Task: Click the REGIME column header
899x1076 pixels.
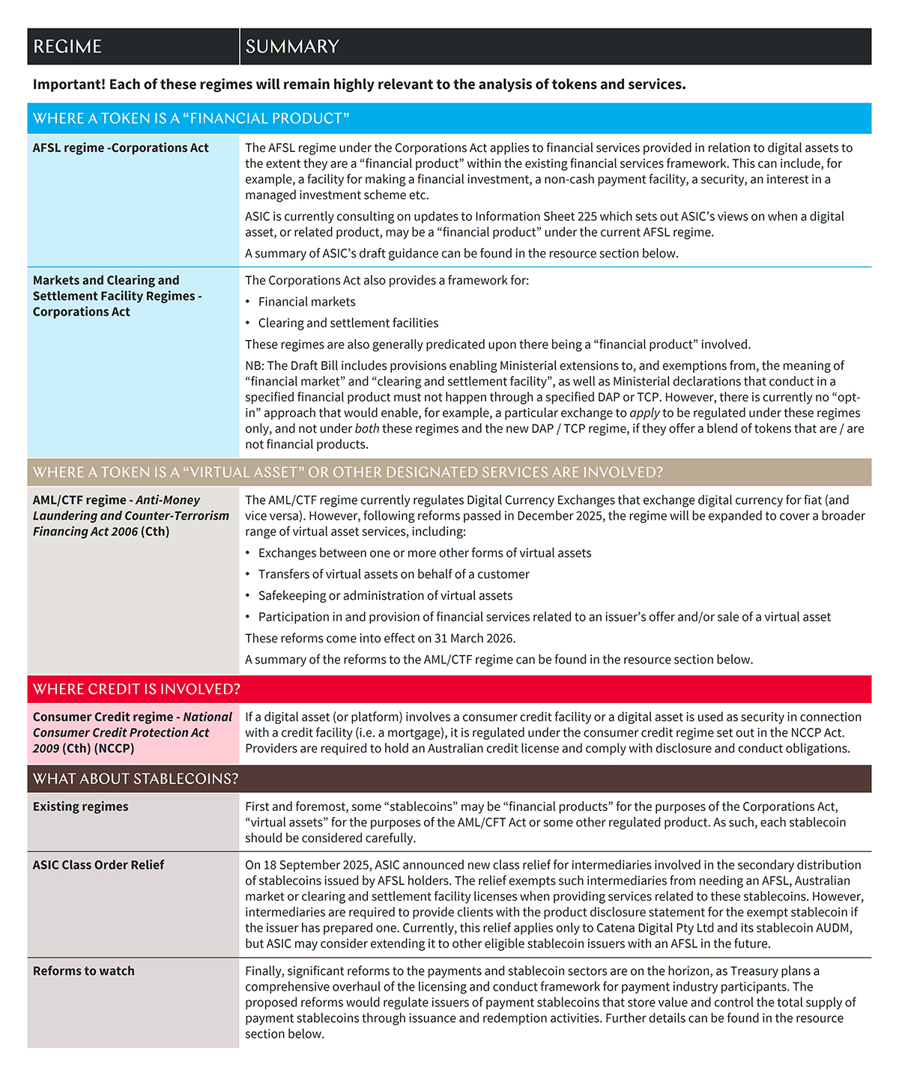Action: [x=67, y=46]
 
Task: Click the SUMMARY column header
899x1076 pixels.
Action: [x=292, y=46]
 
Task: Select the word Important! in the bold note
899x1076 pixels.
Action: [x=68, y=85]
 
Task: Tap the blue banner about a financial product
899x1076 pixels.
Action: [x=191, y=118]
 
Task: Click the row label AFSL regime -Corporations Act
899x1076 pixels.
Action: [x=121, y=148]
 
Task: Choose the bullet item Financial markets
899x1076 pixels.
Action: [x=306, y=302]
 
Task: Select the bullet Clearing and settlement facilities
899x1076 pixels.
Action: [x=348, y=323]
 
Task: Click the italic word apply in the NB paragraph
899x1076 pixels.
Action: [x=644, y=413]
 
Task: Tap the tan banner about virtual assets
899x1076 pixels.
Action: [x=348, y=472]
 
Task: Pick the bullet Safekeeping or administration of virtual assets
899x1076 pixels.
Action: [x=385, y=595]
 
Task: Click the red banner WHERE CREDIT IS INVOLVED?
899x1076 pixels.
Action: [x=136, y=689]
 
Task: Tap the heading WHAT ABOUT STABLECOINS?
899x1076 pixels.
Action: [x=136, y=779]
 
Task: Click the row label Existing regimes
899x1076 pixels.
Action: [x=80, y=806]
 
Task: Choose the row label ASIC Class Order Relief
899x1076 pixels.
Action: [x=98, y=865]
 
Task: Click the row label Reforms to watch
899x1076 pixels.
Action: [x=84, y=971]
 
